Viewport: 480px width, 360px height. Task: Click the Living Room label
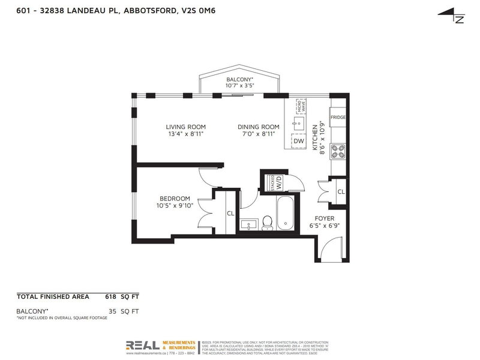click(186, 127)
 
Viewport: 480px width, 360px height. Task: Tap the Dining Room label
click(259, 127)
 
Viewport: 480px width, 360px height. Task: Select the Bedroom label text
click(175, 199)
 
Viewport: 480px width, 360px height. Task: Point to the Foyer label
click(321, 218)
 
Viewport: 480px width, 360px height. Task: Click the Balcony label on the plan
click(240, 80)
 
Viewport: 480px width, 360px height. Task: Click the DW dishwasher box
click(299, 141)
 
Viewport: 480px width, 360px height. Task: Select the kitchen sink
click(298, 125)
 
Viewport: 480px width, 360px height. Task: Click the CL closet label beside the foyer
click(340, 192)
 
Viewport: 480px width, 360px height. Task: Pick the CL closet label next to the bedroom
click(230, 213)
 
